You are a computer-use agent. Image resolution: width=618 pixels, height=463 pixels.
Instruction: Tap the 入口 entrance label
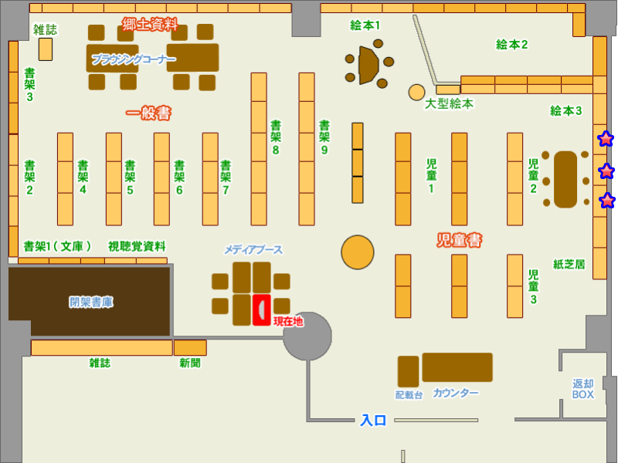click(x=373, y=421)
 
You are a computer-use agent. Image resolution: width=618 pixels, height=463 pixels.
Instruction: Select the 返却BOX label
click(x=582, y=389)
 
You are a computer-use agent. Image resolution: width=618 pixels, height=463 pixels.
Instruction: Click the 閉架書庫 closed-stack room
click(x=90, y=302)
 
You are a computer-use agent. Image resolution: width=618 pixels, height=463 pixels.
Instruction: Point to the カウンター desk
click(x=457, y=367)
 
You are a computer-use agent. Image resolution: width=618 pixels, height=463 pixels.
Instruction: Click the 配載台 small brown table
click(x=408, y=371)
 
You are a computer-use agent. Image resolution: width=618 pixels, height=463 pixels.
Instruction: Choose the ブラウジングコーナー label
click(x=134, y=59)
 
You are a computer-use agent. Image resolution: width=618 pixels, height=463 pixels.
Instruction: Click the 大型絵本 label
click(x=449, y=103)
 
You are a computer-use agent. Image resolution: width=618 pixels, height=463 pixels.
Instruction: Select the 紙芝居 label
click(x=569, y=264)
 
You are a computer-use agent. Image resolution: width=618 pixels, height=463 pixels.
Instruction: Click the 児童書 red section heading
click(x=460, y=241)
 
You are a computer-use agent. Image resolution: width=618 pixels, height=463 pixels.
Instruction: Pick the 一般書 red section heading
click(x=148, y=113)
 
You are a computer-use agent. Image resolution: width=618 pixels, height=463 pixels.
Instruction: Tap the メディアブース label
click(x=253, y=249)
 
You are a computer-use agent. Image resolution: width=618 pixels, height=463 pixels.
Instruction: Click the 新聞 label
click(x=190, y=363)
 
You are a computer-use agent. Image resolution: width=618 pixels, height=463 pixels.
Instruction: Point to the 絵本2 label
click(x=511, y=45)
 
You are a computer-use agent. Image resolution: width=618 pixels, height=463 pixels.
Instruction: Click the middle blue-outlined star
click(x=606, y=171)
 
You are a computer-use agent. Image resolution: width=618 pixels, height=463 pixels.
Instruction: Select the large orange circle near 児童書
click(x=358, y=252)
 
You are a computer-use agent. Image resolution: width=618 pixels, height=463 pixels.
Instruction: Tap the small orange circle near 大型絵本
click(x=416, y=92)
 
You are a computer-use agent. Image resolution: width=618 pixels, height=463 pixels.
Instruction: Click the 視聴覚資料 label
click(x=137, y=246)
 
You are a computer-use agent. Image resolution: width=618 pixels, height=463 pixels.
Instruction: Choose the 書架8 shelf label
click(x=275, y=137)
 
